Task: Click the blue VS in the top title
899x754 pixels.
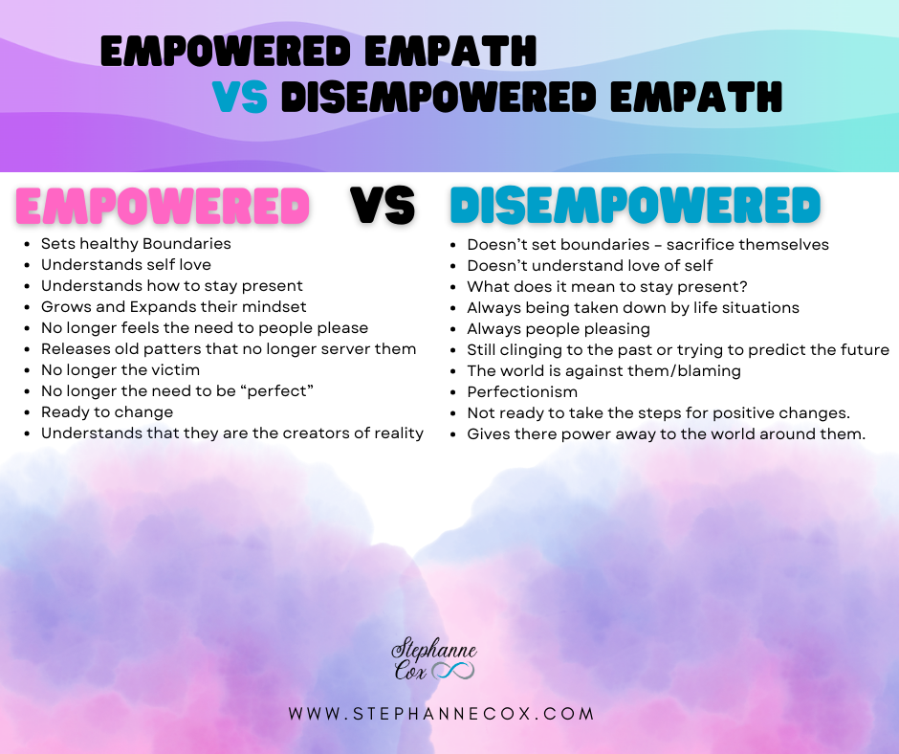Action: tap(240, 97)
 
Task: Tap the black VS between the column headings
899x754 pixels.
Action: tap(383, 205)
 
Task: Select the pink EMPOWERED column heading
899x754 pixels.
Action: tap(163, 206)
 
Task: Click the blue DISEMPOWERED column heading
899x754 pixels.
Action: tap(635, 205)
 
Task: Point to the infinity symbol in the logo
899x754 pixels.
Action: tap(453, 670)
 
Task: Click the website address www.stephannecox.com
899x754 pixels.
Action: tap(442, 714)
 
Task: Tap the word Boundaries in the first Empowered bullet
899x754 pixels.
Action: tap(186, 244)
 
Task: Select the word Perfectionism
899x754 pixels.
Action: tap(522, 392)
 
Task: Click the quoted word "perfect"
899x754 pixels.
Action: tap(277, 391)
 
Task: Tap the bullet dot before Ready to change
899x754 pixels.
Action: tap(28, 413)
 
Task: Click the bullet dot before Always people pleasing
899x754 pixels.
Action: tap(453, 330)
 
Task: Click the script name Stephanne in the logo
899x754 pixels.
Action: tap(434, 651)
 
